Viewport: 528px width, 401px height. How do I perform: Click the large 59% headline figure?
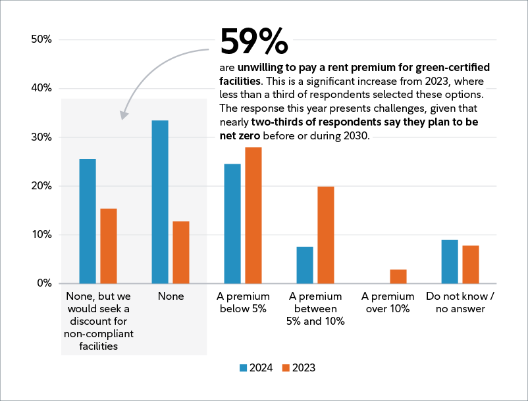pyautogui.click(x=253, y=42)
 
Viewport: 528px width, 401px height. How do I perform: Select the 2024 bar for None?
pyautogui.click(x=160, y=202)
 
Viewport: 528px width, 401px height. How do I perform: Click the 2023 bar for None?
pyautogui.click(x=181, y=252)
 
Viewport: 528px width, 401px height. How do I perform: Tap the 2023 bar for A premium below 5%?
pyautogui.click(x=253, y=216)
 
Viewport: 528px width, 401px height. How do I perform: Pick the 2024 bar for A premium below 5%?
pyautogui.click(x=232, y=224)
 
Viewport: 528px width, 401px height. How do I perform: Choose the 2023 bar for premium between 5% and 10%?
pyautogui.click(x=326, y=235)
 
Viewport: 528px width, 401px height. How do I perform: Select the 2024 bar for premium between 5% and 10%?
pyautogui.click(x=305, y=265)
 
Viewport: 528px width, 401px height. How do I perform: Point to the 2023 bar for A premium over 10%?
pyautogui.click(x=398, y=277)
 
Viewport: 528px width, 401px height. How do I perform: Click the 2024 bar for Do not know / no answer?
pyautogui.click(x=450, y=262)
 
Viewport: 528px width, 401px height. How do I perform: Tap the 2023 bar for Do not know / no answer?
pyautogui.click(x=471, y=264)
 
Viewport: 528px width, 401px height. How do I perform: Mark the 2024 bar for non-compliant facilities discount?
pyautogui.click(x=88, y=221)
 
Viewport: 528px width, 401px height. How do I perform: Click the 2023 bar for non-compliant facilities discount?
pyautogui.click(x=109, y=246)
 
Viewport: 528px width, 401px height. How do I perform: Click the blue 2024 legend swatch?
pyautogui.click(x=242, y=368)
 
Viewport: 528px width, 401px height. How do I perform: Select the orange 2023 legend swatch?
pyautogui.click(x=286, y=368)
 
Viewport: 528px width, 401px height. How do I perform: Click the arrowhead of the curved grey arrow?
pyautogui.click(x=124, y=116)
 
